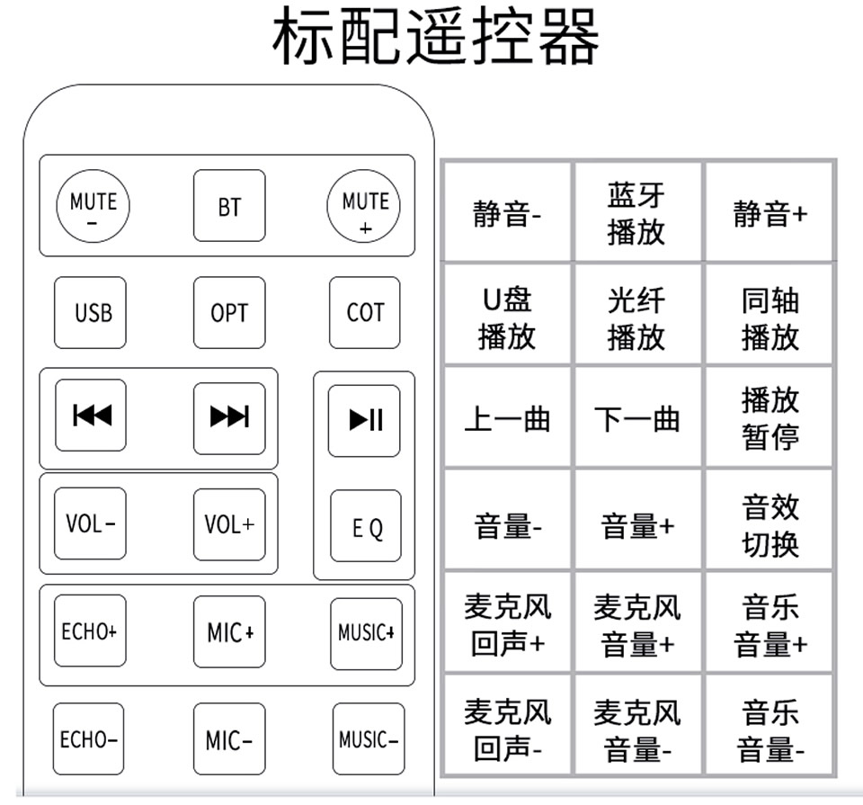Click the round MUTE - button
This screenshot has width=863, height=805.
(x=93, y=207)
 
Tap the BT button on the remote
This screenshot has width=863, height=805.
(x=229, y=205)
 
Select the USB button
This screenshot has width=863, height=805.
(x=90, y=313)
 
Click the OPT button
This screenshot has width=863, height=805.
(x=229, y=313)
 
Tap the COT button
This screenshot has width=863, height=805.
(x=365, y=313)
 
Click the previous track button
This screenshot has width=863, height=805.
(x=91, y=416)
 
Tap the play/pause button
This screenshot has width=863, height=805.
(x=364, y=421)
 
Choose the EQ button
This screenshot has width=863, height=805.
(x=366, y=526)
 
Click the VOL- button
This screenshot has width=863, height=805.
(x=90, y=523)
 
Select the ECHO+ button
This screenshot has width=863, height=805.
(x=90, y=631)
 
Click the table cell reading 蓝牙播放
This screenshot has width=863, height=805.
(x=637, y=212)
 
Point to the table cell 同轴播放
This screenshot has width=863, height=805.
(x=770, y=315)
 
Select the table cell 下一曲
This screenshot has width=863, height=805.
(x=637, y=418)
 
